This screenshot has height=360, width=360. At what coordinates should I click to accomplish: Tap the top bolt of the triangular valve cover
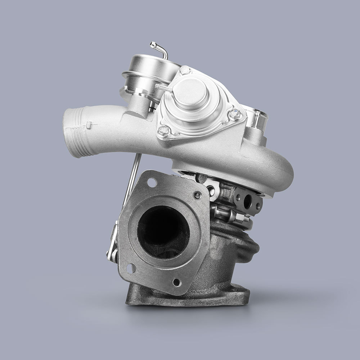point(186,71)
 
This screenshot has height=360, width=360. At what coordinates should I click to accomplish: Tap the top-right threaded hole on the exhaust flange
point(197,195)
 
